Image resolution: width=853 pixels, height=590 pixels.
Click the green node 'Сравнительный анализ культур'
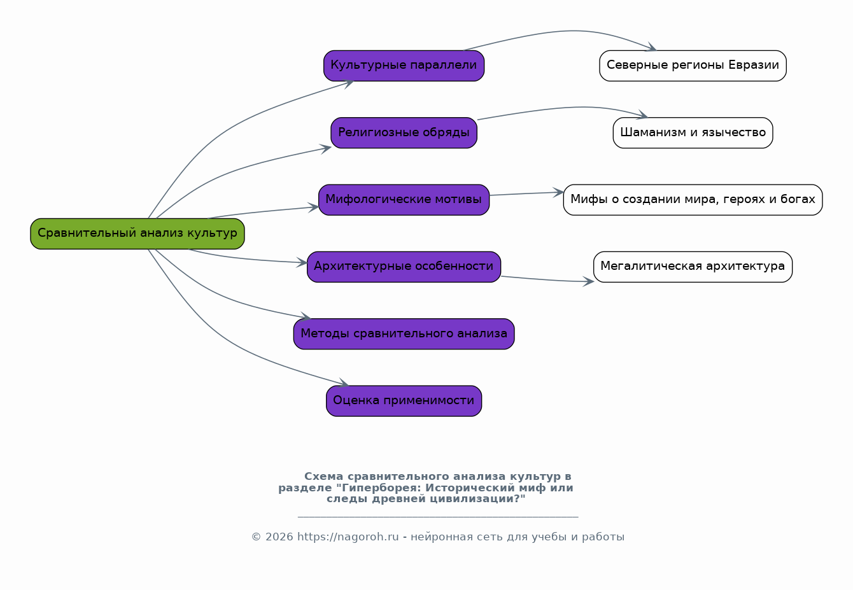[x=137, y=234]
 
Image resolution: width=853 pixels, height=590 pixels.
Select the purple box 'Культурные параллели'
[x=404, y=66]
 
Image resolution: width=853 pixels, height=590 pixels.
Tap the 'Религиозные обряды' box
[x=404, y=132]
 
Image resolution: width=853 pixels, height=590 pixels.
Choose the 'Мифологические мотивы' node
[x=404, y=200]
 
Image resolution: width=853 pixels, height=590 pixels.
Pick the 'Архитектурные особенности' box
[x=404, y=267]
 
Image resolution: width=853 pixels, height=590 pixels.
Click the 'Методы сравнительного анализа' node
[x=404, y=334]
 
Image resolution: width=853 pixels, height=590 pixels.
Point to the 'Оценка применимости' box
[x=404, y=401]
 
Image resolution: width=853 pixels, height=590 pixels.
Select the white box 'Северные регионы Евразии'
[x=693, y=66]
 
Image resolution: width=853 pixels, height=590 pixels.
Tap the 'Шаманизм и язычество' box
[x=693, y=132]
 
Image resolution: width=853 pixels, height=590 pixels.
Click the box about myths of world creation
[x=693, y=200]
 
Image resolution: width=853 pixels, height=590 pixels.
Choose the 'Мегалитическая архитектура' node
[x=693, y=267]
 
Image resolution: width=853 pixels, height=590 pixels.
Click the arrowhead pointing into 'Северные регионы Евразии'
[x=652, y=48]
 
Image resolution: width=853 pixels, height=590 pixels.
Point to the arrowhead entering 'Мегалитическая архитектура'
[x=589, y=282]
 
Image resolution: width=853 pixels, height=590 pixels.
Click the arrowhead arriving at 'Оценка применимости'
[x=344, y=384]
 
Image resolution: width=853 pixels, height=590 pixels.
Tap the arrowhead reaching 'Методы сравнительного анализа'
[x=306, y=317]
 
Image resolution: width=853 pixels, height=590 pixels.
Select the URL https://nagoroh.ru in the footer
[x=348, y=537]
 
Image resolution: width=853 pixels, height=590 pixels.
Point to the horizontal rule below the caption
[x=438, y=517]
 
